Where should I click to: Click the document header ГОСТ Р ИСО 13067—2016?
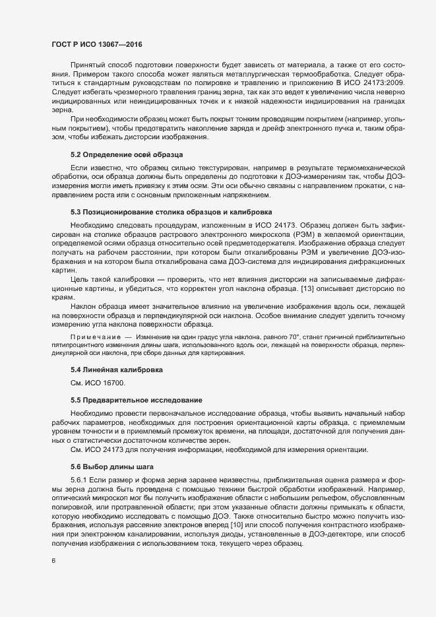coord(97,44)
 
